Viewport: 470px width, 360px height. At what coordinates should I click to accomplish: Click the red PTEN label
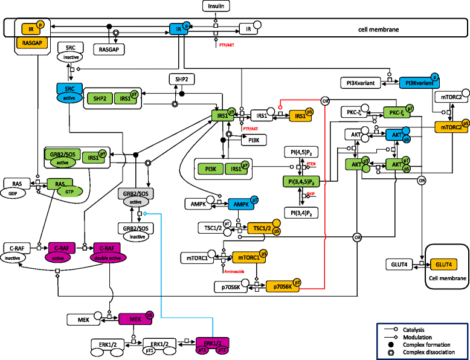[311, 164]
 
